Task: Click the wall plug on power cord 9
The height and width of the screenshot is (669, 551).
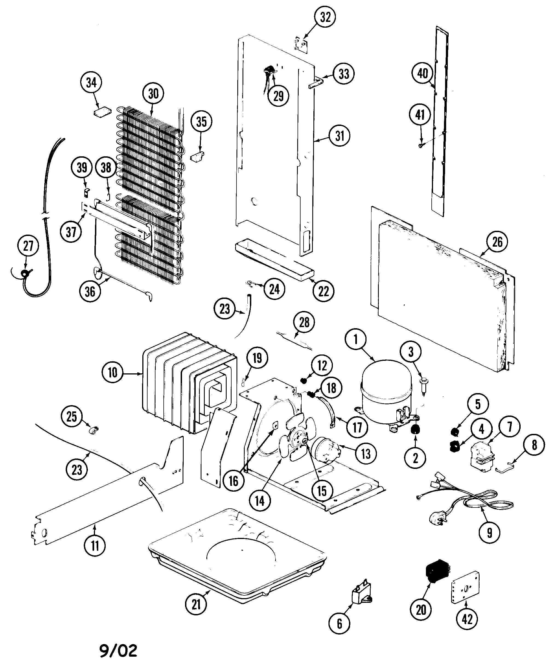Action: [437, 520]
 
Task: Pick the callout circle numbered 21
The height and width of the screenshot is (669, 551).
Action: [196, 604]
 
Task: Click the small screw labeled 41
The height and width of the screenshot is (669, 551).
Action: [421, 145]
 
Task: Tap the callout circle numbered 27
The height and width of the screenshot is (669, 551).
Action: [28, 246]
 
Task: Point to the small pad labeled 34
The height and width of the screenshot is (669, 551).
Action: [102, 112]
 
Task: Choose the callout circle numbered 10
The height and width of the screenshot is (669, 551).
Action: [112, 373]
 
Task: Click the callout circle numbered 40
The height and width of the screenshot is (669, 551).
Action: [422, 73]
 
